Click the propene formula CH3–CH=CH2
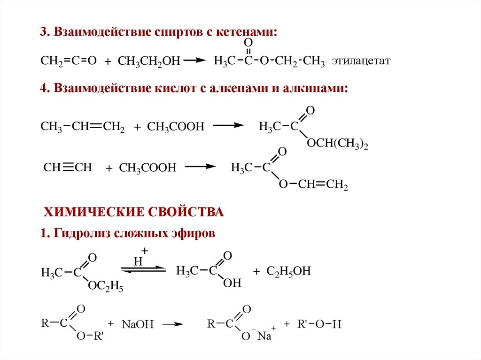[82, 126]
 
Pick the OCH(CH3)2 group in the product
[337, 144]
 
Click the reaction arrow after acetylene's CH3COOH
[200, 167]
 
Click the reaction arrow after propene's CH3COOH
[228, 125]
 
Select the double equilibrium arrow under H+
[143, 269]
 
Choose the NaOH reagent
[138, 324]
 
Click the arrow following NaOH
[172, 324]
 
